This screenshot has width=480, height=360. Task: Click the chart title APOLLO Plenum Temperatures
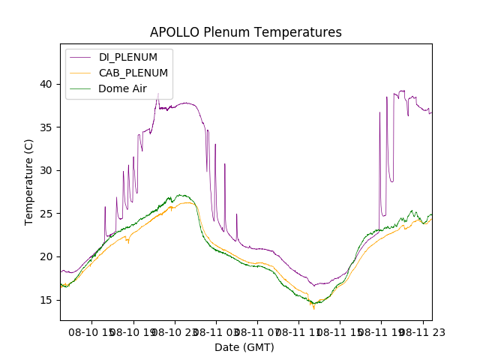tap(245, 32)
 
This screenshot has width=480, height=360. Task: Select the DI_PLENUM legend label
tap(127, 57)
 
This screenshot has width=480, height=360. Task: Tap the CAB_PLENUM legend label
tap(133, 73)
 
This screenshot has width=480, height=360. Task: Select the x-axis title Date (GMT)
tap(244, 347)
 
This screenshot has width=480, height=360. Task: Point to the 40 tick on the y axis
tap(46, 84)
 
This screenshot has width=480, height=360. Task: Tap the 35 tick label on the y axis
tap(46, 127)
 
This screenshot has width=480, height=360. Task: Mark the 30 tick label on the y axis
tap(46, 170)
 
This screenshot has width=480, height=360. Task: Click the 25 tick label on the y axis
tap(46, 214)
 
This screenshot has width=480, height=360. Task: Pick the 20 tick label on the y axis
tap(46, 256)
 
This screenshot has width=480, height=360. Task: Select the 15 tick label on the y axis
tap(46, 300)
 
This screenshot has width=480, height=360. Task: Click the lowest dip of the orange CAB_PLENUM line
tap(313, 307)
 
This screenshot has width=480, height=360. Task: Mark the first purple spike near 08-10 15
tap(106, 208)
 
